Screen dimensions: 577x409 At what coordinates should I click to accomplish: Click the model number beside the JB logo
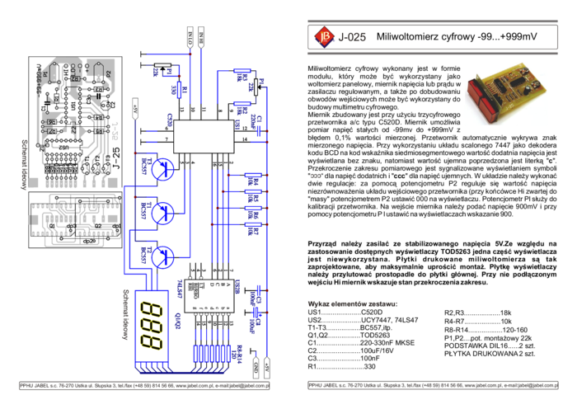click(353, 37)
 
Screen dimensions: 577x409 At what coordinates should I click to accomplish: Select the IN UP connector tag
click(190, 37)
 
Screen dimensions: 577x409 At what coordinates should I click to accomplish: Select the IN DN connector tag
click(203, 37)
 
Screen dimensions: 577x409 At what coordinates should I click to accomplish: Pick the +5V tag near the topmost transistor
click(135, 110)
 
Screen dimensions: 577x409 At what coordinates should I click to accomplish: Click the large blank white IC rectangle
click(204, 137)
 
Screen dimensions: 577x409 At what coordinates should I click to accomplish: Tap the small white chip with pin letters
click(209, 296)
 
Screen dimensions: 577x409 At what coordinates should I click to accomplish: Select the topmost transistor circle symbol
click(162, 170)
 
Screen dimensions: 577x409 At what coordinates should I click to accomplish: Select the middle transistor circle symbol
click(162, 214)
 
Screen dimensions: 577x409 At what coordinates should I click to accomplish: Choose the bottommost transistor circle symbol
click(162, 257)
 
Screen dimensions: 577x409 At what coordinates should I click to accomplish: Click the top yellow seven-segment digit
click(151, 311)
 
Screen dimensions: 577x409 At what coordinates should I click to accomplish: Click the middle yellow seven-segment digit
click(151, 327)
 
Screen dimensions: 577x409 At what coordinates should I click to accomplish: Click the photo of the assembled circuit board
click(506, 92)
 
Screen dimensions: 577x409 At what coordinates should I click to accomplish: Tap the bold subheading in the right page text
click(353, 304)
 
